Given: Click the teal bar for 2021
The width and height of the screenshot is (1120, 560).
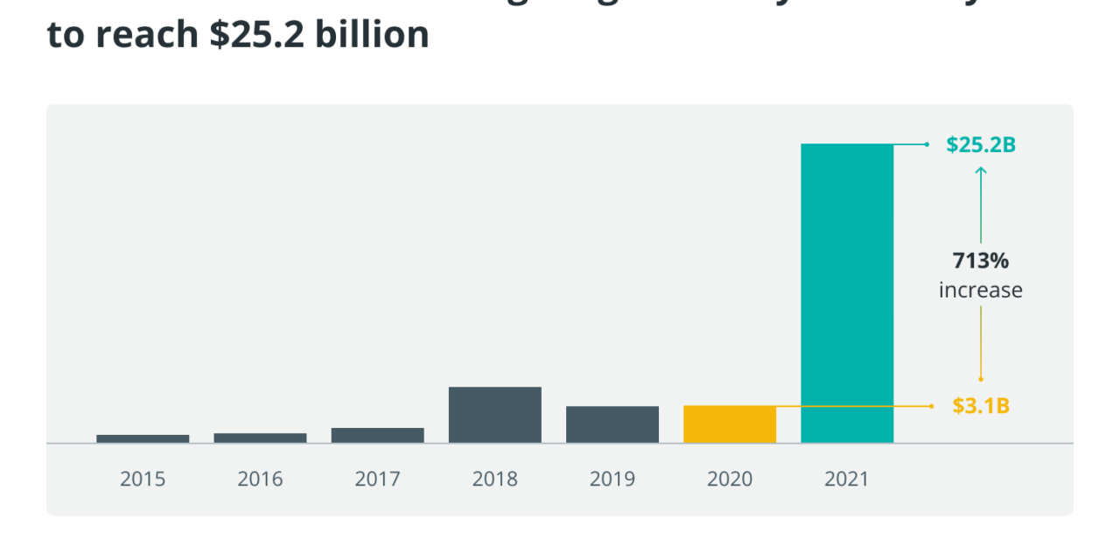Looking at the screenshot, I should pyautogui.click(x=847, y=293).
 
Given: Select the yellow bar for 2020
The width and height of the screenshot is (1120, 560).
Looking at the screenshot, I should pyautogui.click(x=730, y=424).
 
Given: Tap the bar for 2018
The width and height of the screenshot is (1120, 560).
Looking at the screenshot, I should pyautogui.click(x=495, y=415).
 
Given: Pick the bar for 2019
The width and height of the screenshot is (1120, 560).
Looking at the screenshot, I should pyautogui.click(x=612, y=424).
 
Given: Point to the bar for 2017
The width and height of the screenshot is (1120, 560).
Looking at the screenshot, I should pyautogui.click(x=377, y=435).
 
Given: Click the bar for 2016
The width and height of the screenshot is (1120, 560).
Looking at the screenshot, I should pyautogui.click(x=260, y=437).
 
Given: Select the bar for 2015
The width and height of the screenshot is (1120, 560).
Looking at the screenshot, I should pyautogui.click(x=143, y=438).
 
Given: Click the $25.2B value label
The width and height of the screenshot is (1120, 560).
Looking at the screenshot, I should pyautogui.click(x=981, y=145).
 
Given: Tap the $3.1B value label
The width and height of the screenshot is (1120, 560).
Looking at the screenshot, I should pyautogui.click(x=981, y=406).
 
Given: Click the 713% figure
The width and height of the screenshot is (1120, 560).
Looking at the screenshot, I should pyautogui.click(x=981, y=261).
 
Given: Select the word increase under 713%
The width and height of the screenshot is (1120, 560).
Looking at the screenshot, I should pyautogui.click(x=981, y=290).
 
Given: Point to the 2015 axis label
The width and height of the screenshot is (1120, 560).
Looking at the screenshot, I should pyautogui.click(x=143, y=479).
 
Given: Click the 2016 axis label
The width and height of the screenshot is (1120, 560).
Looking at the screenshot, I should pyautogui.click(x=260, y=479).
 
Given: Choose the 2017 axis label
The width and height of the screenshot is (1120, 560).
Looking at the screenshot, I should pyautogui.click(x=377, y=479).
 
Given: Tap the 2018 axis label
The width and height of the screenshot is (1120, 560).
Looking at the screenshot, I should pyautogui.click(x=495, y=479).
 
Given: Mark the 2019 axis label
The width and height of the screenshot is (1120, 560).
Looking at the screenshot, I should pyautogui.click(x=612, y=479).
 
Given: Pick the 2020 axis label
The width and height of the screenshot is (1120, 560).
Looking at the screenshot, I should pyautogui.click(x=730, y=479).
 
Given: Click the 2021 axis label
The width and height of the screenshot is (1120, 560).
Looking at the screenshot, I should pyautogui.click(x=847, y=479).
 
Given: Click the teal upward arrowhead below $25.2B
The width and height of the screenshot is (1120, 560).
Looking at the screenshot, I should pyautogui.click(x=981, y=171).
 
